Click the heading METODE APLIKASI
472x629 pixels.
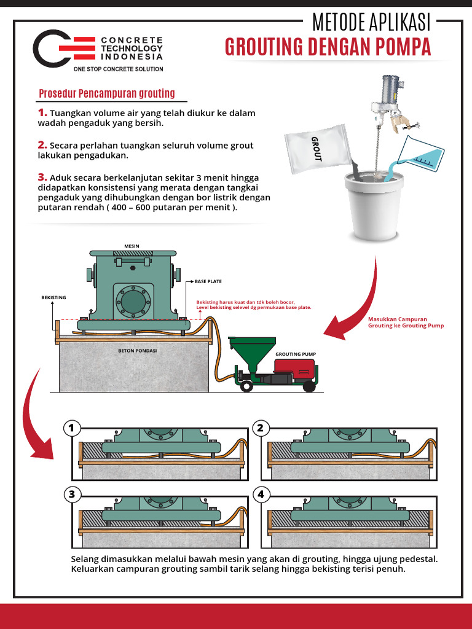coord(372,23)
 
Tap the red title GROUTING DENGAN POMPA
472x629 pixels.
coord(328,47)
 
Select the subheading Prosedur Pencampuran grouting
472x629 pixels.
coord(107,93)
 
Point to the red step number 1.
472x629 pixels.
coord(42,113)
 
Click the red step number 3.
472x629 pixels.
coord(42,177)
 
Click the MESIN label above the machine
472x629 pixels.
coord(132,246)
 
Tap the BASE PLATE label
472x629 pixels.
coord(208,281)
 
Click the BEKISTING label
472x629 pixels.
coord(53,297)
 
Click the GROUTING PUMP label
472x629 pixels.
coord(295,354)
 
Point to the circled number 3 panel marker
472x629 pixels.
coord(72,494)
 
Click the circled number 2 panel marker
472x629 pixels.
coord(260,428)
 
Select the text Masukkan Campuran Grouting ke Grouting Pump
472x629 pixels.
coord(405,322)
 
